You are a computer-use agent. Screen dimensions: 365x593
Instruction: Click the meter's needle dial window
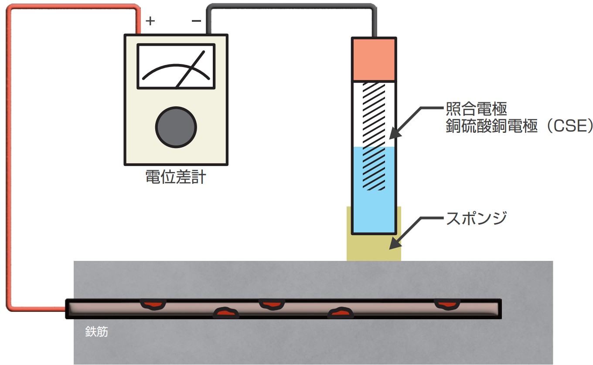coord(176,66)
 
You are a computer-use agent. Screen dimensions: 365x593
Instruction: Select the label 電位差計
coord(175,177)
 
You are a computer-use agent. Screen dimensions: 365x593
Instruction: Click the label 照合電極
coord(477,107)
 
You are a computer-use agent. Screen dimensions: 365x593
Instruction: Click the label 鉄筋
coord(96,333)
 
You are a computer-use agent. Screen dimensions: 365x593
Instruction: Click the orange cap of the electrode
coord(374,59)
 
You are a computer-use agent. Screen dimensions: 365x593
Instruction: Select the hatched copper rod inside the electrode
coord(374,135)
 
